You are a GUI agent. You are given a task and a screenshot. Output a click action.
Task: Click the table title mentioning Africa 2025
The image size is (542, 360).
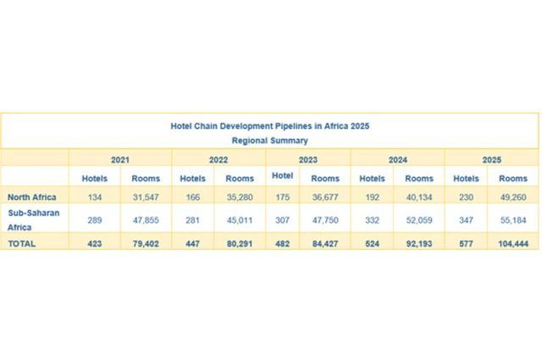(x=269, y=125)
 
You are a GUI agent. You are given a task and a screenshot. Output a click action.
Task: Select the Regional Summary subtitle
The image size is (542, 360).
(x=269, y=140)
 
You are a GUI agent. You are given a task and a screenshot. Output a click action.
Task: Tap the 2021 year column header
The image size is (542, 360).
(x=120, y=159)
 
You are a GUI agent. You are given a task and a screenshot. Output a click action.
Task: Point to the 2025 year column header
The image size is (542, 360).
(x=490, y=159)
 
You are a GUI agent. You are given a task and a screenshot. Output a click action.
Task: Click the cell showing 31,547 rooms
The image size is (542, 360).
(x=145, y=197)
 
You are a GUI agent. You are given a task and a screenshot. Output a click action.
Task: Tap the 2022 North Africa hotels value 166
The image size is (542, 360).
(x=192, y=197)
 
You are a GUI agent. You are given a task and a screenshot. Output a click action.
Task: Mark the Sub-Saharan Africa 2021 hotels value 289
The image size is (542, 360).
(x=94, y=219)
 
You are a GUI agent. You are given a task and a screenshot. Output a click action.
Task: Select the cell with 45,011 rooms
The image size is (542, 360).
(x=240, y=219)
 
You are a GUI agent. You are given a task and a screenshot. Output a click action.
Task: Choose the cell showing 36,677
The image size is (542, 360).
(x=325, y=197)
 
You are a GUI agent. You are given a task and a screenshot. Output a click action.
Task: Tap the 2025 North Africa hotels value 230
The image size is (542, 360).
(x=467, y=197)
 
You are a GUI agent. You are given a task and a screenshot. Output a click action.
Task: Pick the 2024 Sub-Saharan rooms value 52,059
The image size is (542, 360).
(x=418, y=219)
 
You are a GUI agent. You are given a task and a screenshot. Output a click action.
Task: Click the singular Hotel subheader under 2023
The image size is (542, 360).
(x=283, y=175)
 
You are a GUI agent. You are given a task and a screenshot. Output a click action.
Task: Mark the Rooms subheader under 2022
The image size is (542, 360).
(x=240, y=178)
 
